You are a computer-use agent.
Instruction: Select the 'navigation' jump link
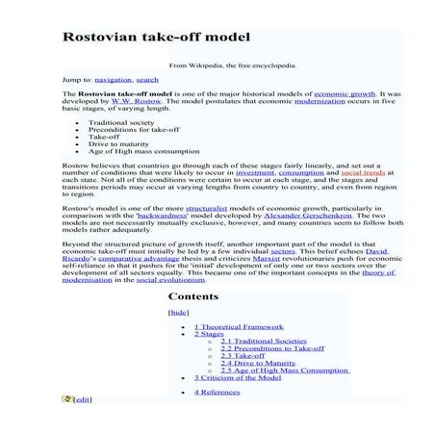[113, 79]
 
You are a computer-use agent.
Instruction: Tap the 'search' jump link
[147, 79]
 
